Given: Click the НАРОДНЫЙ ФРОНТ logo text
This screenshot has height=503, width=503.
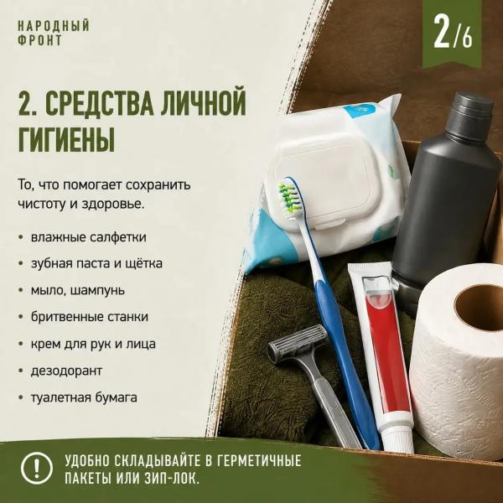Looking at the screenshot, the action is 54,34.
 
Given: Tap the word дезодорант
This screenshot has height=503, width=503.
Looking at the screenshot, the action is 66,371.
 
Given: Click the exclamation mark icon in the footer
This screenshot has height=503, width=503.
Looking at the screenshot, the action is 37,468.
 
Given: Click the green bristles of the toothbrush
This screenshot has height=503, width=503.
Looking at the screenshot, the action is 289,197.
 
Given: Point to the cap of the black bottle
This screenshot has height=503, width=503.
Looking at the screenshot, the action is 472,108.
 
